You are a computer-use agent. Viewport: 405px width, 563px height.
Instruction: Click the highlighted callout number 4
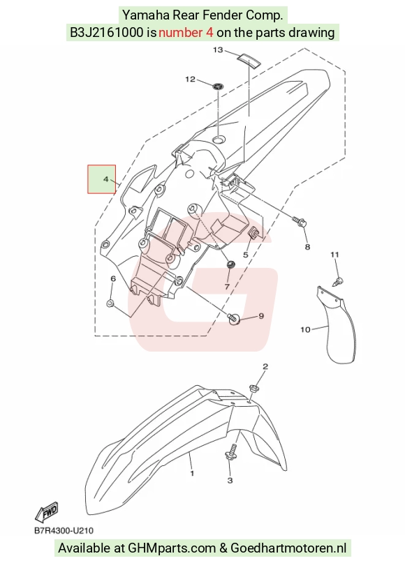[x=105, y=179]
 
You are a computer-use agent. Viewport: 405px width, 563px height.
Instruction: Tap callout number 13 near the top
[x=218, y=50]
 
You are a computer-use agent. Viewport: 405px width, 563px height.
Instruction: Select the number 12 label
[x=190, y=79]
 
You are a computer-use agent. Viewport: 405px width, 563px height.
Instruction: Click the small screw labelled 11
[x=338, y=280]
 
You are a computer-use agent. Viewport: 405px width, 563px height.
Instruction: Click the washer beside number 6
[x=110, y=303]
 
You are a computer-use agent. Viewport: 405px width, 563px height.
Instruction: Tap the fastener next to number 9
[x=234, y=317]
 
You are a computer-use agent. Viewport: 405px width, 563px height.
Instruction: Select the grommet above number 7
[x=230, y=265]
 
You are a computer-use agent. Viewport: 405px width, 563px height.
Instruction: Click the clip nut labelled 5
[x=254, y=233]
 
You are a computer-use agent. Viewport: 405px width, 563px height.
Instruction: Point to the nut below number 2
[x=253, y=388]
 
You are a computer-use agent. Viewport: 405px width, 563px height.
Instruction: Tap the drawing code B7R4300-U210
[x=64, y=530]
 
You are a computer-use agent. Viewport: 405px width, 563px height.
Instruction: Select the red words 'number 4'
[x=186, y=33]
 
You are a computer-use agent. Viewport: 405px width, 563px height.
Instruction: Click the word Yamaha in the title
[x=146, y=15]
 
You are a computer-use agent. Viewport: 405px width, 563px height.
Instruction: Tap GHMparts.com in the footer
[x=172, y=548]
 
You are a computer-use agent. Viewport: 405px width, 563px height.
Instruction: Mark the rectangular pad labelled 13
[x=249, y=60]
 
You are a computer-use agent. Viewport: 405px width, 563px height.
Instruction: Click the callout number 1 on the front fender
[x=192, y=473]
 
